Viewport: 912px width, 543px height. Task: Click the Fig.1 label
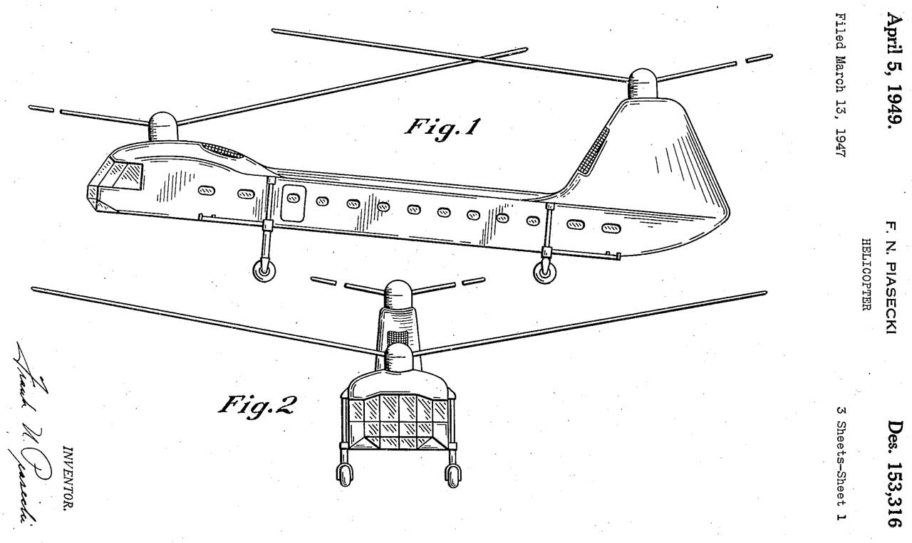(442, 127)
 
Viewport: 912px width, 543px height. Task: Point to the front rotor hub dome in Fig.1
(162, 125)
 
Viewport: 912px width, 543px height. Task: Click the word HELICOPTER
(868, 282)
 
